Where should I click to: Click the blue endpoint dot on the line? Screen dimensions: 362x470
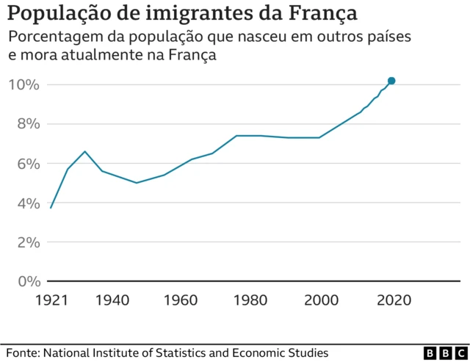tap(391, 81)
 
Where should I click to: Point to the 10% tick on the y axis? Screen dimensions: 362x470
tap(23, 84)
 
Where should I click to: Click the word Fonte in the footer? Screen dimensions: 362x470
tap(22, 353)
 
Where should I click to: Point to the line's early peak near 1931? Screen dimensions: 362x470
tap(85, 151)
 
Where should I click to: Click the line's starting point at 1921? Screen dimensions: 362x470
tap(50, 208)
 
